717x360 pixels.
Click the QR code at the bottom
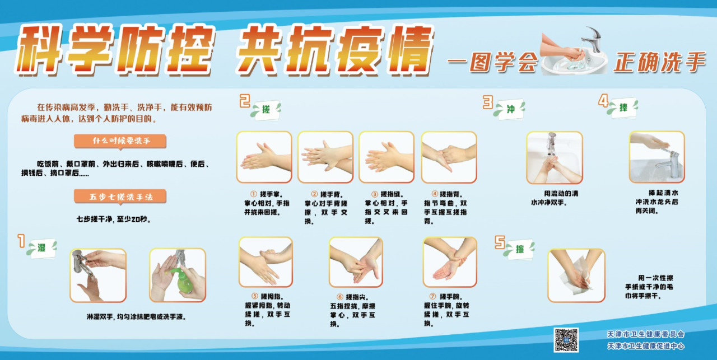coord(566,339)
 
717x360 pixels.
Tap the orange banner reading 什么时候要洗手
coord(120,141)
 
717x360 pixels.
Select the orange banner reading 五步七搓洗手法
coord(120,197)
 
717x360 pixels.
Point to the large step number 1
coord(21,241)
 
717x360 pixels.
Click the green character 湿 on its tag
coord(41,247)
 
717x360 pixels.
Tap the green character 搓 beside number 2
coord(266,109)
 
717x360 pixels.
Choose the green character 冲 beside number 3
coord(510,109)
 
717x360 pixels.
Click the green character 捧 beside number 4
coord(623,107)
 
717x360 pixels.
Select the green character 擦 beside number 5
coord(519,249)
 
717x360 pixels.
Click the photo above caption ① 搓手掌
coord(264,157)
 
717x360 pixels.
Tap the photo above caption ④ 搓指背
coord(449,157)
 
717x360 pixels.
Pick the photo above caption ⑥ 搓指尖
coord(356,262)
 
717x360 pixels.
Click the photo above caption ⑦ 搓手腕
coord(450,262)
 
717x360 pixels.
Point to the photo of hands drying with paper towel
coord(576,275)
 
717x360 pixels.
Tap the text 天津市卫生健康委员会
coord(646,334)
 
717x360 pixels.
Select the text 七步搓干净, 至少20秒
coord(113,219)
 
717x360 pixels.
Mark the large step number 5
coord(500,242)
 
